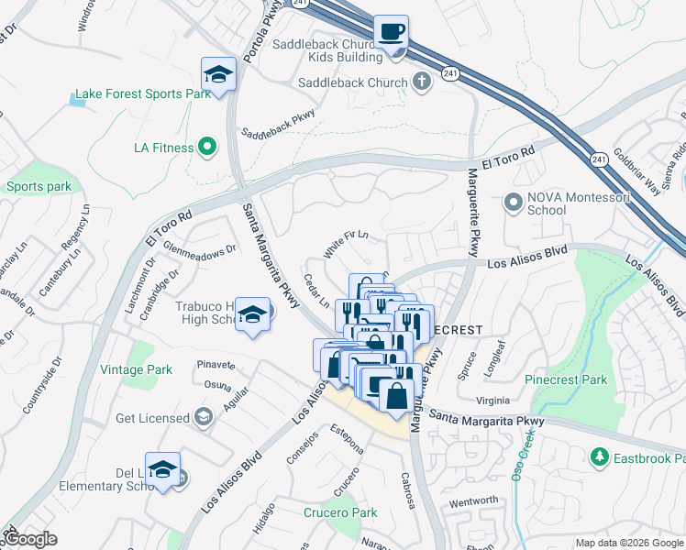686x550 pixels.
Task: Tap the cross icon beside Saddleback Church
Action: pos(421,82)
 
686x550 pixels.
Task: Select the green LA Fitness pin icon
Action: pos(207,147)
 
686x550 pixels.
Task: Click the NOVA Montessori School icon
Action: pos(512,201)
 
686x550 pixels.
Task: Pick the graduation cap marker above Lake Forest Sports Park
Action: pos(219,74)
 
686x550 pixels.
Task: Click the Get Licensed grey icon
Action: pos(203,418)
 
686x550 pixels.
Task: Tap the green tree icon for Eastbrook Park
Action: pos(599,456)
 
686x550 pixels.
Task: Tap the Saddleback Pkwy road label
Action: pos(278,125)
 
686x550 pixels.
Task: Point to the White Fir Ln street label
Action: pos(346,245)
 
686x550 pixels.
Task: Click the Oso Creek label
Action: pos(523,468)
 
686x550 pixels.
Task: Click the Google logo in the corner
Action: pos(30,540)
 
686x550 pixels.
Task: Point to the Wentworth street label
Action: pos(473,501)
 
